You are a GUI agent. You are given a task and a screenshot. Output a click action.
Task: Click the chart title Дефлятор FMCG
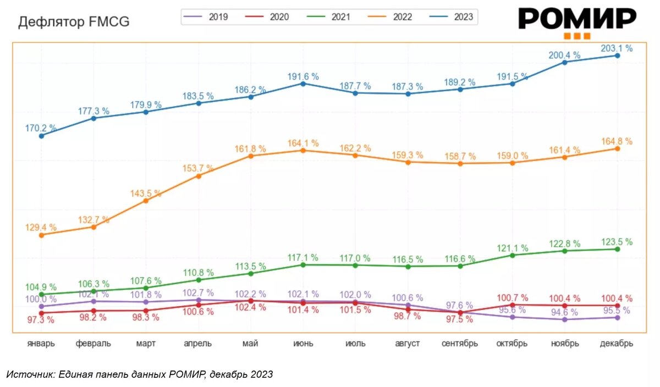click(x=74, y=23)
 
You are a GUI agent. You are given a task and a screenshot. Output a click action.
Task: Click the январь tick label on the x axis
click(x=41, y=344)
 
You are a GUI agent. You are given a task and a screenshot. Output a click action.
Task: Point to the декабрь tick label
click(x=617, y=344)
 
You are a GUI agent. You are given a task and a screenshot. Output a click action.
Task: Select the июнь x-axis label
click(x=303, y=344)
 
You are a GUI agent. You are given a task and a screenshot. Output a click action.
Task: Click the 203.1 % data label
click(x=617, y=48)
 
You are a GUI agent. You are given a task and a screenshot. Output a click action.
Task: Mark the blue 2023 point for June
click(x=303, y=84)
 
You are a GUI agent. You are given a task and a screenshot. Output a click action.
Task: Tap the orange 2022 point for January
click(x=41, y=235)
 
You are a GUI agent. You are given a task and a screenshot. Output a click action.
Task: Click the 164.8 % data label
click(x=617, y=141)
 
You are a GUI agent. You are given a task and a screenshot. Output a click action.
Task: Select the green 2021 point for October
click(x=513, y=255)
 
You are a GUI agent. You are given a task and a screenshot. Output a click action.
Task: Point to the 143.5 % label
click(x=146, y=193)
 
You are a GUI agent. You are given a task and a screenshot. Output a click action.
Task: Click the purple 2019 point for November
click(x=565, y=319)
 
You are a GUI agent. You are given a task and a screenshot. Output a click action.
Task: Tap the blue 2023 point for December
click(x=617, y=56)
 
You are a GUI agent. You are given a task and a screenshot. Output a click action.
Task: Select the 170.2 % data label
click(x=41, y=128)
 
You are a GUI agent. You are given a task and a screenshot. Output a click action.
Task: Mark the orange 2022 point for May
click(x=251, y=156)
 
